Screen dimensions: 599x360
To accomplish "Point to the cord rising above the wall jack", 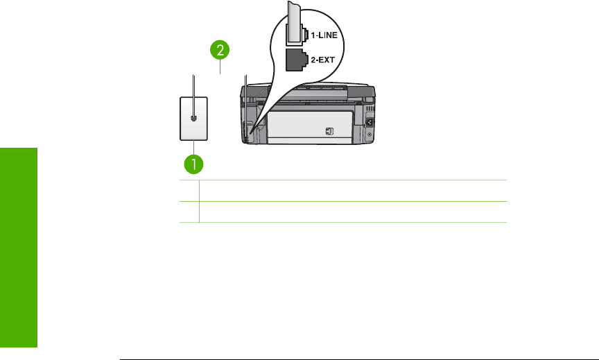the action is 193,83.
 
